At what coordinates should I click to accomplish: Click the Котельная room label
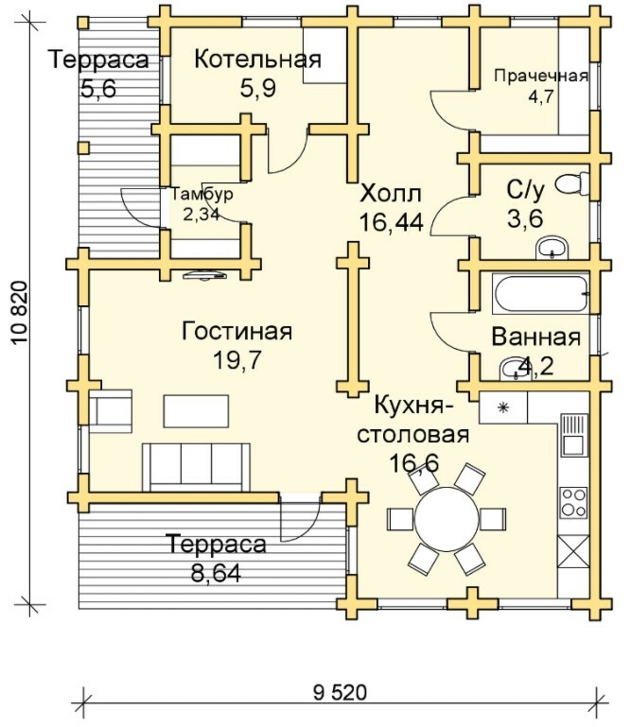pyautogui.click(x=257, y=60)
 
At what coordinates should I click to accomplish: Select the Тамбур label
pyautogui.click(x=201, y=195)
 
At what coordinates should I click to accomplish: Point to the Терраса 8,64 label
pyautogui.click(x=217, y=545)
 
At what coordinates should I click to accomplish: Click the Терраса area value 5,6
pyautogui.click(x=99, y=87)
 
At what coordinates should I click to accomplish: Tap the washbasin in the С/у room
pyautogui.click(x=552, y=249)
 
